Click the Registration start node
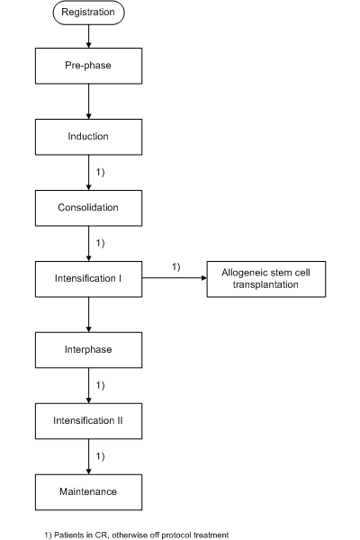click(88, 13)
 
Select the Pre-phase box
click(88, 66)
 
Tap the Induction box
click(88, 137)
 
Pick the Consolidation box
click(88, 208)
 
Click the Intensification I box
click(88, 279)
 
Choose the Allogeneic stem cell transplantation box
click(266, 279)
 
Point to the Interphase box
click(88, 350)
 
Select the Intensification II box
click(88, 421)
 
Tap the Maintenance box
click(88, 491)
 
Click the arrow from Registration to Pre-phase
click(88, 36)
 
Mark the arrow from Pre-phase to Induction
click(88, 102)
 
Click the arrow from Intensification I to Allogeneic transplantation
click(175, 277)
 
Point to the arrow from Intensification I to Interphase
click(88, 314)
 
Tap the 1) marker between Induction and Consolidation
click(100, 172)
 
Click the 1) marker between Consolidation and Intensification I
click(100, 243)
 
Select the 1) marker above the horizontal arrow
click(176, 267)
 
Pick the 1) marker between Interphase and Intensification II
click(100, 385)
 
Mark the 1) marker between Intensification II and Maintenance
click(100, 456)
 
